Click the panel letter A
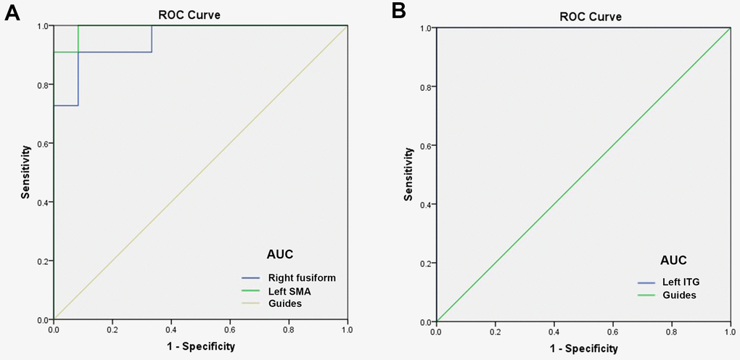[12, 12]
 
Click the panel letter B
[398, 11]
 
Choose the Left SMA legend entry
[288, 291]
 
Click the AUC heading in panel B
[673, 260]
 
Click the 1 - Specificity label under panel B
[583, 348]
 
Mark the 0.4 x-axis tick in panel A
[171, 330]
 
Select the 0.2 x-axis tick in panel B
[495, 332]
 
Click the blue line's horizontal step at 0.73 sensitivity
[66, 106]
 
